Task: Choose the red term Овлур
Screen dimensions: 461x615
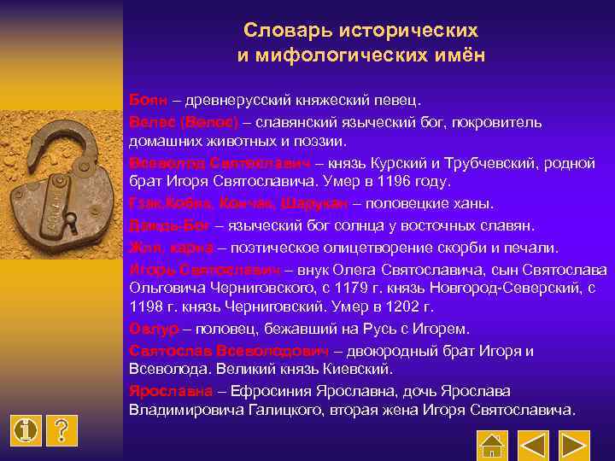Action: [x=154, y=329]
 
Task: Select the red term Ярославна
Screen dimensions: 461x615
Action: [x=171, y=391]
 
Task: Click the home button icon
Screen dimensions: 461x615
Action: [x=492, y=445]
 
